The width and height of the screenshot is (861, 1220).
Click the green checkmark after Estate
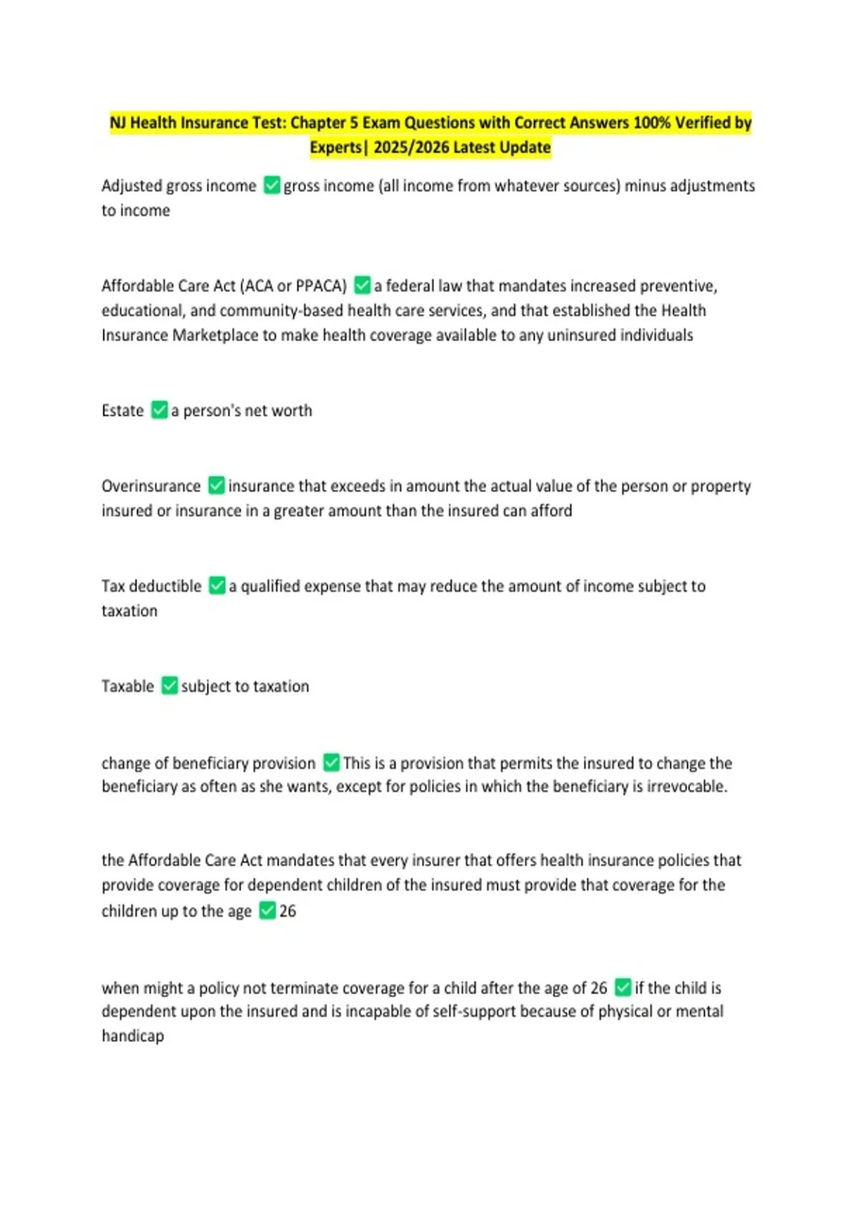click(159, 410)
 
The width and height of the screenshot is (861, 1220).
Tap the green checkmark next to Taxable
click(169, 685)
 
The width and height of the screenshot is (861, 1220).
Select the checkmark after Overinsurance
click(216, 485)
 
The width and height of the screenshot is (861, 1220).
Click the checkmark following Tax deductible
click(217, 586)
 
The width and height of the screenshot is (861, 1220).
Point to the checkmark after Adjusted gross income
click(272, 185)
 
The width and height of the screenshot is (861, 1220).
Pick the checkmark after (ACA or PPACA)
click(362, 285)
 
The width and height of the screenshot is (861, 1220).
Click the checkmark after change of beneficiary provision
click(331, 762)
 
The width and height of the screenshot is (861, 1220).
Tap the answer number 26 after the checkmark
click(288, 911)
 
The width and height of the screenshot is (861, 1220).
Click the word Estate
click(123, 410)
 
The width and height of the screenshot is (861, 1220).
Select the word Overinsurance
click(151, 486)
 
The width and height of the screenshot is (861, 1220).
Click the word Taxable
click(128, 686)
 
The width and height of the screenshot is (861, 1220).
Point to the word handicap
click(133, 1036)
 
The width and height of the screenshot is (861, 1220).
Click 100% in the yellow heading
click(651, 123)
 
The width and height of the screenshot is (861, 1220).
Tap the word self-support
click(471, 1011)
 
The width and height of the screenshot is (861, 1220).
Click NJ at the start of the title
click(118, 123)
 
